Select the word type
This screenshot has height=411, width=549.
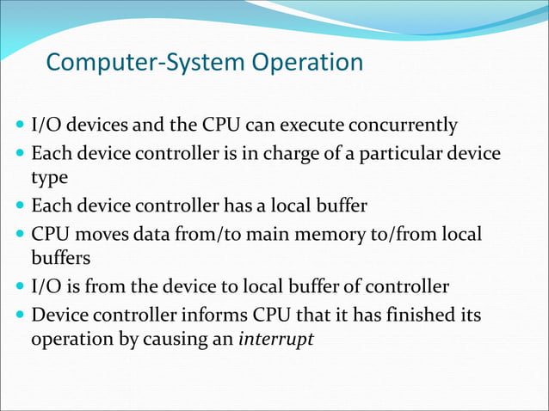(47, 178)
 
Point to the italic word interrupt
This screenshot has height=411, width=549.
(276, 338)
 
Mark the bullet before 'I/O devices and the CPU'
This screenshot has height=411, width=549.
(20, 126)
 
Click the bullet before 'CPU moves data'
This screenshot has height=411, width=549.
(20, 235)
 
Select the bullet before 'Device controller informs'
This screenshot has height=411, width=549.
(20, 316)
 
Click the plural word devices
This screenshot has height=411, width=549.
(96, 126)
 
